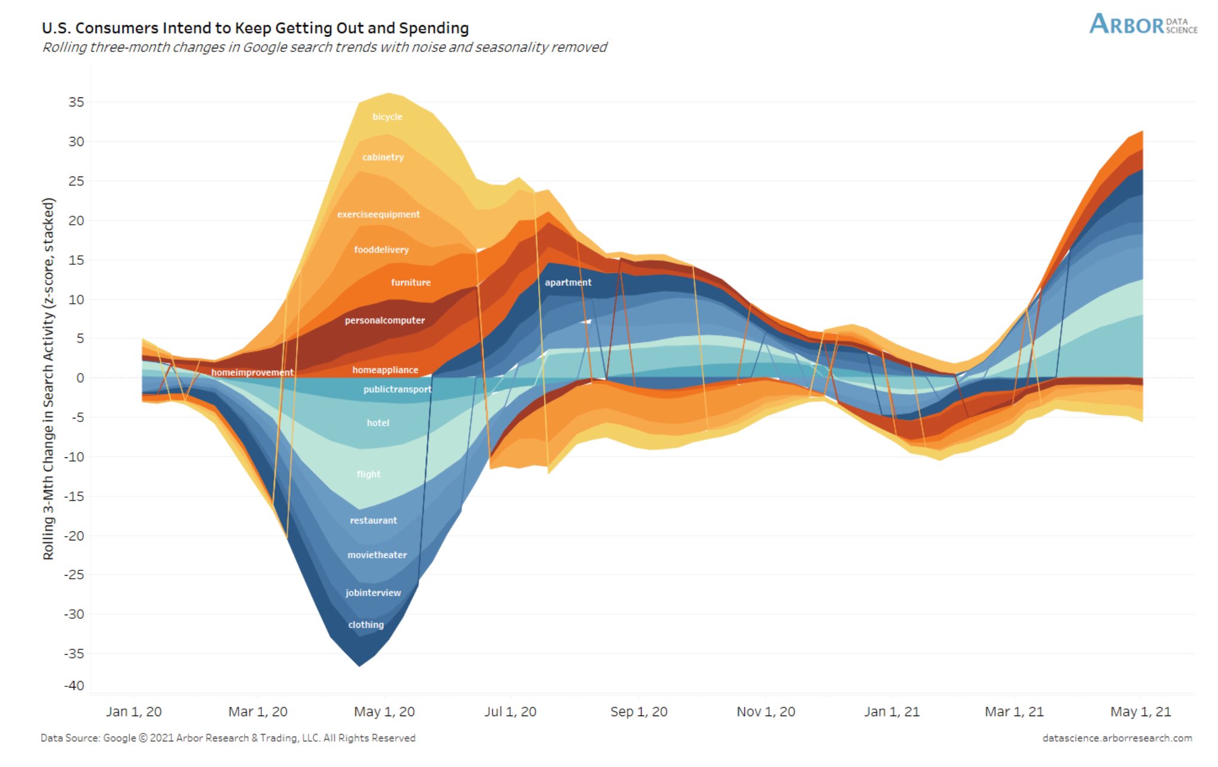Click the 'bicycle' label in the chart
point(387,117)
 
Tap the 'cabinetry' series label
point(383,157)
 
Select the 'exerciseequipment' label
point(378,214)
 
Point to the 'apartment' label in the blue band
point(567,282)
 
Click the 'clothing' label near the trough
point(366,625)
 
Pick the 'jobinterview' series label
point(373,592)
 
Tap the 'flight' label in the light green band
point(368,474)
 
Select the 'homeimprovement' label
point(252,372)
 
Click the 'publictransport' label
point(397,389)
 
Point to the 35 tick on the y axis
point(76,102)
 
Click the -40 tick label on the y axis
point(74,686)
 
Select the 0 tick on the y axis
point(80,378)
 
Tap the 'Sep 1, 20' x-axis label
point(639,711)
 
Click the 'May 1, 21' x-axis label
point(1140,711)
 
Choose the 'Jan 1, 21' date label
point(892,711)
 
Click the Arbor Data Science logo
point(1143,25)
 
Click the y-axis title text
point(48,378)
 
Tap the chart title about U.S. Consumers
point(255,28)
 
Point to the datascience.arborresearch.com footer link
point(1117,738)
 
